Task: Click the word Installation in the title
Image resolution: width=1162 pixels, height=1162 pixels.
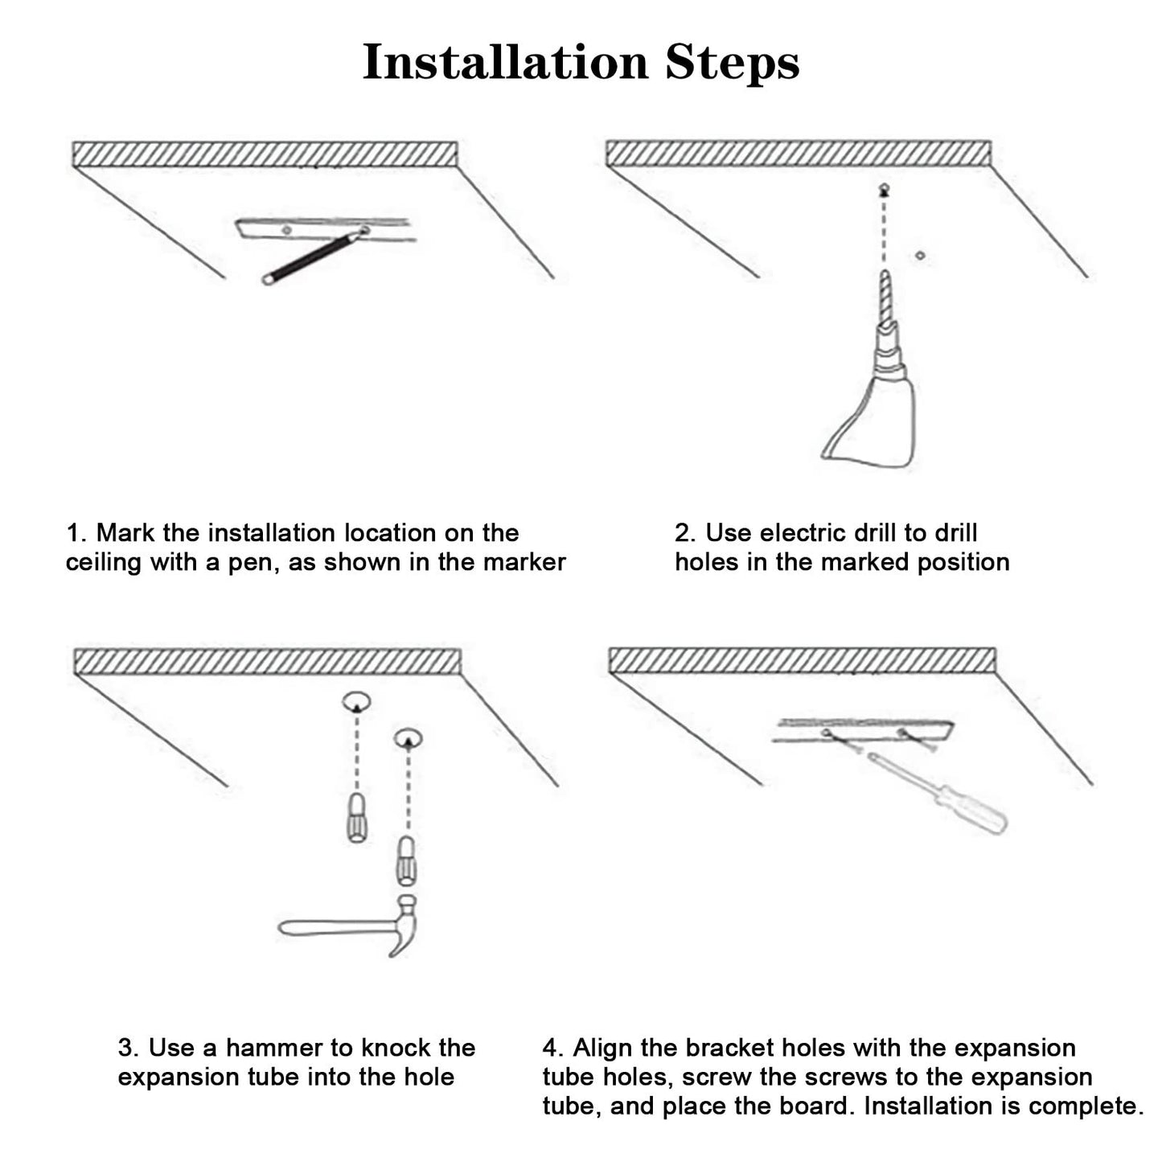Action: pyautogui.click(x=505, y=62)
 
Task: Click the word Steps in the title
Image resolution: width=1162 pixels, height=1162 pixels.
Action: pyautogui.click(x=732, y=62)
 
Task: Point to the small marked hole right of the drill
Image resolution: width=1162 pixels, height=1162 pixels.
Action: pyautogui.click(x=920, y=256)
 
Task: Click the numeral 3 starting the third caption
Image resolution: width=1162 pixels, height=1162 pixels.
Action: pyautogui.click(x=126, y=1048)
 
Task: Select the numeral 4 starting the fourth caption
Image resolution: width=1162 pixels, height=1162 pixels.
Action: pyautogui.click(x=551, y=1048)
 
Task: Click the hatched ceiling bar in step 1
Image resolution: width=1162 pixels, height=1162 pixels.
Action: pyautogui.click(x=265, y=154)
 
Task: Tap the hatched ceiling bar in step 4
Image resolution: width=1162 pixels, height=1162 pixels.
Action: pyautogui.click(x=802, y=660)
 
